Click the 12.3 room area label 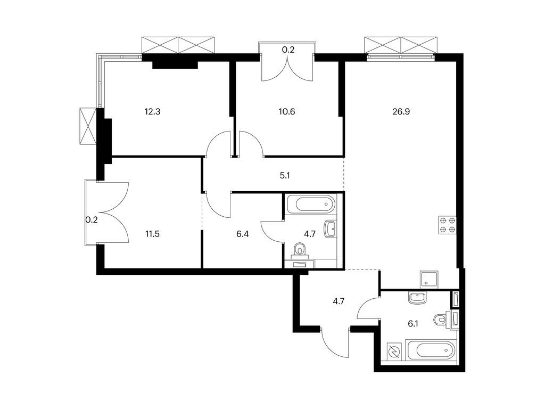(x=152, y=112)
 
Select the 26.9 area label (x=401, y=112)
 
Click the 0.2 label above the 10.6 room (x=288, y=50)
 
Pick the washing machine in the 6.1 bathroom (x=394, y=352)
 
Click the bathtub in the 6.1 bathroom (x=430, y=352)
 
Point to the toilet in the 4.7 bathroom (x=301, y=249)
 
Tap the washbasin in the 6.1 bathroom (x=417, y=298)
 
